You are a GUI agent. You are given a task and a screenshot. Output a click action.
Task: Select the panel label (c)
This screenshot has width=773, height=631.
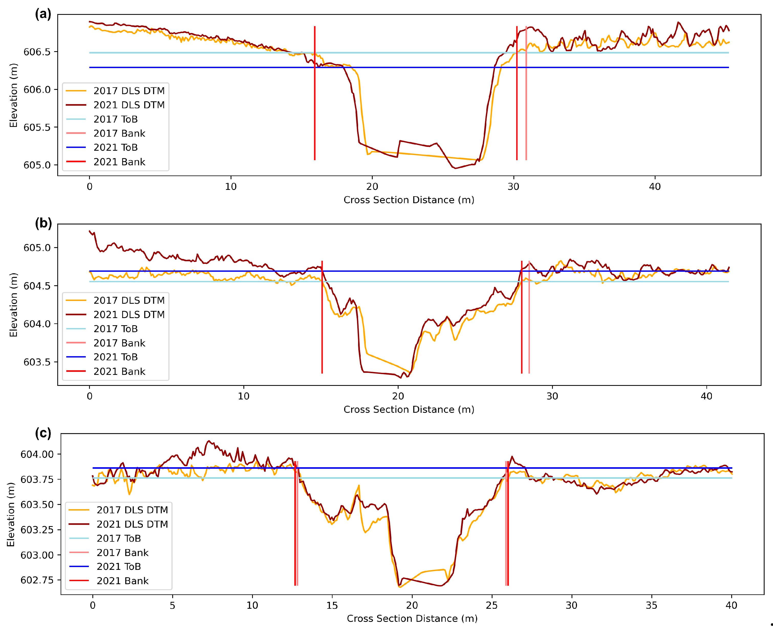43,433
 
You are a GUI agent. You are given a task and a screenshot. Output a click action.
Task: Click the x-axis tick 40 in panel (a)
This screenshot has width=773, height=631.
654,187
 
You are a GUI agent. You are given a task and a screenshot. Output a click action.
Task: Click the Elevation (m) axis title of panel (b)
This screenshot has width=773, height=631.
14,304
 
